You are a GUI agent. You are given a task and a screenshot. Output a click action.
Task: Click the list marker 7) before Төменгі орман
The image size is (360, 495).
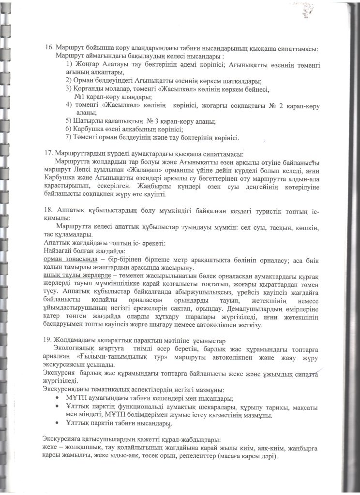[x=68, y=137]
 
